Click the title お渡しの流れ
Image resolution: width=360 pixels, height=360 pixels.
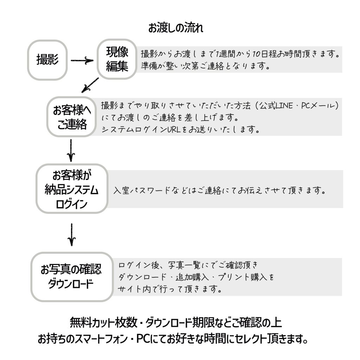(176, 28)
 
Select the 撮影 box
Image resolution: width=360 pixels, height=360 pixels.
(47, 60)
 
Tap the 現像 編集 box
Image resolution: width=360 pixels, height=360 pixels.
(117, 59)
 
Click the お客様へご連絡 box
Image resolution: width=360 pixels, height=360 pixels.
(72, 117)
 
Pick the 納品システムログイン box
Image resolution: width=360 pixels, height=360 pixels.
(72, 188)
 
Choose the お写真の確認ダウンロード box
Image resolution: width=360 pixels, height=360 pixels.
(72, 277)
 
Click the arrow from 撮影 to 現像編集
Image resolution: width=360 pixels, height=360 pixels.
(82, 60)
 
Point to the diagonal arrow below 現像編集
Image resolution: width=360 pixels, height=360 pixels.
(90, 85)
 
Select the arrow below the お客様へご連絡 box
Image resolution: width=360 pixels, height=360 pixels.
(71, 150)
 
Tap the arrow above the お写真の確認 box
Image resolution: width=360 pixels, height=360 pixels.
(72, 234)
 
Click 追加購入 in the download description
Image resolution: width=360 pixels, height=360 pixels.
(192, 277)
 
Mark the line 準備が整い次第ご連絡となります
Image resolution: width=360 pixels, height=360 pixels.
(205, 66)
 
